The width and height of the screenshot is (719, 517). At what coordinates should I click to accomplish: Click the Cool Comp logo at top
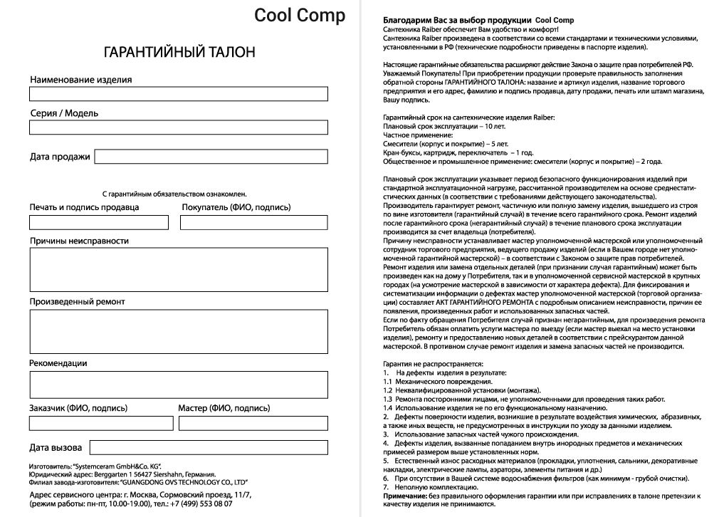pos(300,16)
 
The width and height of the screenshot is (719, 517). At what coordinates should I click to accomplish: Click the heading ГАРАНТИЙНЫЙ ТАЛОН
pos(178,53)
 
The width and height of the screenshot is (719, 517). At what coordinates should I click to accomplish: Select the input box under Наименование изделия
pos(178,94)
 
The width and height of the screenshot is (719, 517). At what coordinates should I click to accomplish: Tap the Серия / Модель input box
pos(178,127)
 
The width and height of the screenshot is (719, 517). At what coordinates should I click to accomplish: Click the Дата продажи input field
pos(211,157)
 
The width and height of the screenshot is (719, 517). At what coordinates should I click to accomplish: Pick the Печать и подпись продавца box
pos(99,222)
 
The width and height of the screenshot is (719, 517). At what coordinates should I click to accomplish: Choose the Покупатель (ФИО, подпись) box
pos(253,222)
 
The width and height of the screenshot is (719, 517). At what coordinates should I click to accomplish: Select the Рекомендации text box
pos(178,385)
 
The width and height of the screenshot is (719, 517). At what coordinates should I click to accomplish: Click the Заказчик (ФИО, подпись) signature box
pos(101,423)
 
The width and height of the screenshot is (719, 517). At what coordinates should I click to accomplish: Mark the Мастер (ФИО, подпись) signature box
pos(253,423)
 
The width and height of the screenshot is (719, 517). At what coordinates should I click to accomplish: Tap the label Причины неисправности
pos(79,241)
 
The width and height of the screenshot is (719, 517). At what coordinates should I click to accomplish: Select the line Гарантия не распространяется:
pos(423,365)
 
